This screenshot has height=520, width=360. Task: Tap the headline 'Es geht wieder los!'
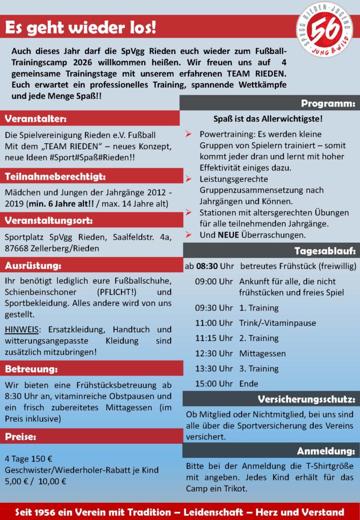(x=81, y=28)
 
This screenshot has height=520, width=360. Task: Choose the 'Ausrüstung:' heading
(x=33, y=266)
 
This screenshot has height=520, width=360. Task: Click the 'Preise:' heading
(x=21, y=436)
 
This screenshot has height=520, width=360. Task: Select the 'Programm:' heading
(x=327, y=104)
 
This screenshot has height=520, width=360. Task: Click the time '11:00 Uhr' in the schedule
(x=214, y=323)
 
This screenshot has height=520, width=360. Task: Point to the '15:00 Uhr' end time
(x=214, y=383)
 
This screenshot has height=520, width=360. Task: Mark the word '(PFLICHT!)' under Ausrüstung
(x=116, y=292)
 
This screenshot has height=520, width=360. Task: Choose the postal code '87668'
(x=17, y=248)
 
